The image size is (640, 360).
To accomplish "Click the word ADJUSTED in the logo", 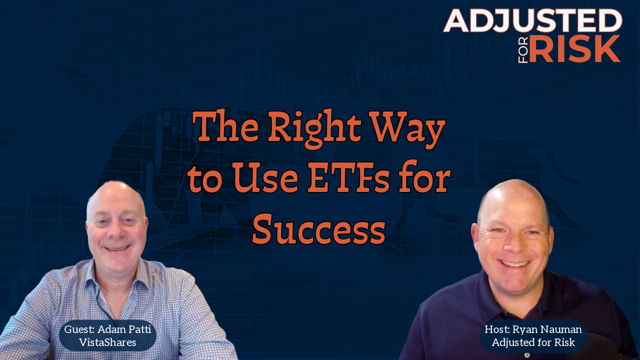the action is point(533,20).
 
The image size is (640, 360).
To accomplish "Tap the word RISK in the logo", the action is point(574,49).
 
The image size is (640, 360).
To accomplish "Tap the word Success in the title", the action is point(318,229).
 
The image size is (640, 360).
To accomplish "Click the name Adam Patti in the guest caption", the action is point(124,329).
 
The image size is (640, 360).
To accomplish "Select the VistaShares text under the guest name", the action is point(107,342).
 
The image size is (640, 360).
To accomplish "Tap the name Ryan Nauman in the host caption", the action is point(547,329).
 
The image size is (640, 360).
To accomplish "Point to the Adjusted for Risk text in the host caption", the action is point(533,342).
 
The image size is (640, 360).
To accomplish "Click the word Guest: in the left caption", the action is point(79,329).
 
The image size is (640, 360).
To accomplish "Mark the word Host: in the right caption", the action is point(497,329).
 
